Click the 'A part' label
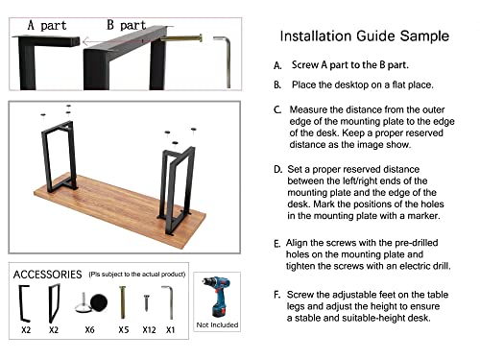(46, 25)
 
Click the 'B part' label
(125, 25)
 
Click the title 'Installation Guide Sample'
(364, 36)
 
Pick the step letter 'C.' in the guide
(277, 110)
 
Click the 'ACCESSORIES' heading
(46, 275)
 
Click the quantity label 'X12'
(148, 330)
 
